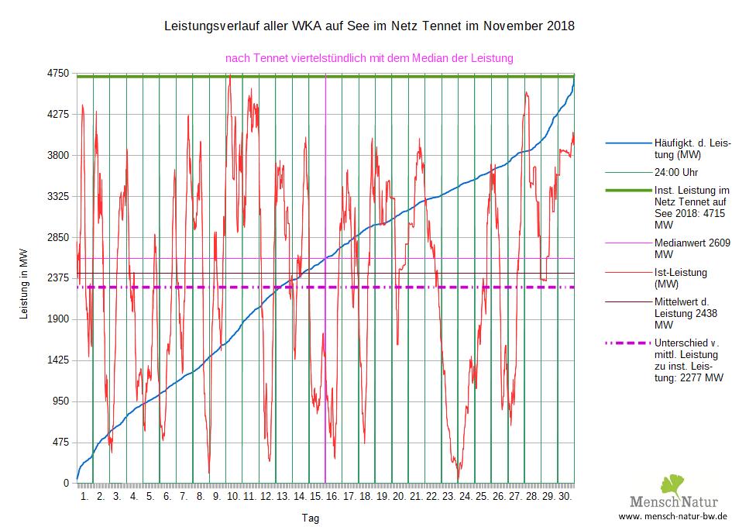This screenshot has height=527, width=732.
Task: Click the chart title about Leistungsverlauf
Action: coord(369,26)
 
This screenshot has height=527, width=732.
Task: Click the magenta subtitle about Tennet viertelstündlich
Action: coord(369,58)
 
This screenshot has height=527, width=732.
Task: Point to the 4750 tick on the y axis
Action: coord(59,74)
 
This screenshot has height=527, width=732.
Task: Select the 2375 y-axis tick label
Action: coord(59,278)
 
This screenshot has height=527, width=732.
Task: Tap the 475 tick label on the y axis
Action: coord(62,443)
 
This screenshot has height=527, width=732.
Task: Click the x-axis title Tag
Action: coord(311,518)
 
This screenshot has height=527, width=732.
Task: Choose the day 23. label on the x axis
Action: coord(448,496)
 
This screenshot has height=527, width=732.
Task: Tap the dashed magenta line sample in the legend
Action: coord(625,342)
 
